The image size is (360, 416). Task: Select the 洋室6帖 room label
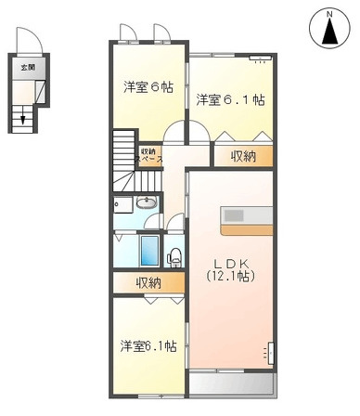pos(148,87)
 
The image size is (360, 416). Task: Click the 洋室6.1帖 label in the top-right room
pos(230,99)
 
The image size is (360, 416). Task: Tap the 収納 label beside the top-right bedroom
pos(243,156)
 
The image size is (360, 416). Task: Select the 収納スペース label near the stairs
pos(149,155)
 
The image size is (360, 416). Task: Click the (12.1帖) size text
pos(229,276)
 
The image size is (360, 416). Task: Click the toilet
pos(174,254)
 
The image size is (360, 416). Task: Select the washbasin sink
pos(146,203)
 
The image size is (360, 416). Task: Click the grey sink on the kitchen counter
pos(235,214)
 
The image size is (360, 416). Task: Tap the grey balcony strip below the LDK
pos(231,383)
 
